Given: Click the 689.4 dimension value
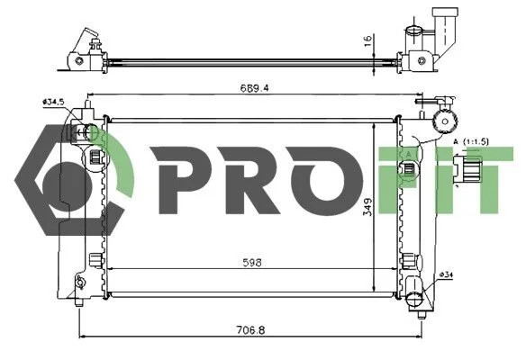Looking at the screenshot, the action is click(254, 88).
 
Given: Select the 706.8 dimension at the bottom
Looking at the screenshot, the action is click(250, 330).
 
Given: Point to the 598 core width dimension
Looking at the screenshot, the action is click(252, 263).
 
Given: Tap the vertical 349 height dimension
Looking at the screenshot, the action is click(368, 207).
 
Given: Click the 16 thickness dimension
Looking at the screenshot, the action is click(368, 40).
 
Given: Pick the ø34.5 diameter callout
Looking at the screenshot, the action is click(53, 102).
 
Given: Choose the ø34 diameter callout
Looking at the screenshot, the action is click(446, 274).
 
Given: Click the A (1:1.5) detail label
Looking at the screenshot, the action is click(471, 142).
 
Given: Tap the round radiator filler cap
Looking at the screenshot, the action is click(446, 121).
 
